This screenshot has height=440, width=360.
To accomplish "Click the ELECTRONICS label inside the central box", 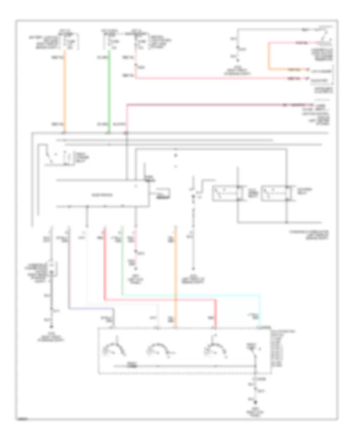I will point(102,196).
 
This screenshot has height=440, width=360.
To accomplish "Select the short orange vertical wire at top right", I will point(269,56).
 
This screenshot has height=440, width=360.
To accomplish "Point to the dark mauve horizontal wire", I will point(208,105).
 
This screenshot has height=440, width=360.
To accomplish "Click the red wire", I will point(160,299).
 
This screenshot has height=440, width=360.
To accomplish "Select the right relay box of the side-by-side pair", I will point(274,193).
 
